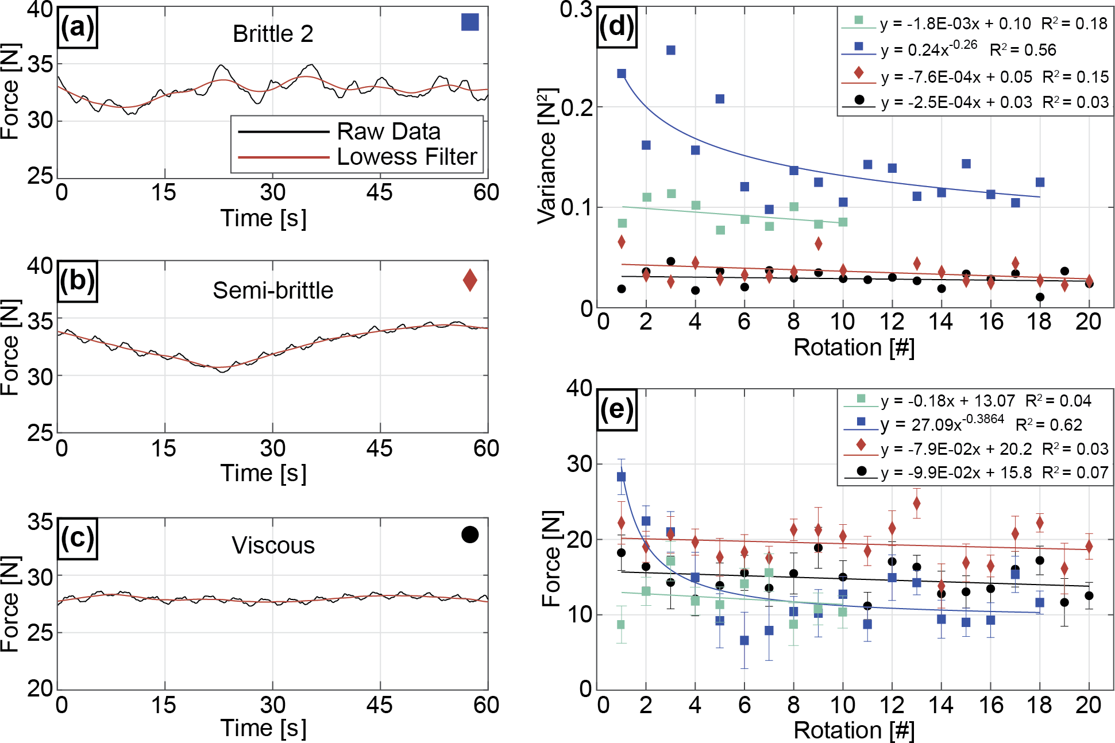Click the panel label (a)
coord(78,28)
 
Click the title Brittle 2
coord(273,34)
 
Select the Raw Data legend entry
coord(388,131)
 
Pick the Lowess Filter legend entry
coord(407,157)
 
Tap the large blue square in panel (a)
coord(470,22)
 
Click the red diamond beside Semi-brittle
coord(470,280)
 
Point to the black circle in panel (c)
coord(470,535)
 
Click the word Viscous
coord(273,545)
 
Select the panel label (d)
coord(616,26)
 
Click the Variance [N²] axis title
coord(547,156)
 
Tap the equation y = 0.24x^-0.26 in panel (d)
coord(929,49)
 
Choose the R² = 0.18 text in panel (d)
coord(1074,24)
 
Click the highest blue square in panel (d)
coord(670,51)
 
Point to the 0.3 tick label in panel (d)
coord(576,10)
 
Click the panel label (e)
coord(616,409)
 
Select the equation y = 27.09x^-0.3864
coord(942,424)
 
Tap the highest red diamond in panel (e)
coord(917,504)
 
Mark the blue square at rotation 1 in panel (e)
coord(621,477)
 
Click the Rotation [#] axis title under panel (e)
coord(854,730)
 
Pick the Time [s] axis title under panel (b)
coord(264,473)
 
